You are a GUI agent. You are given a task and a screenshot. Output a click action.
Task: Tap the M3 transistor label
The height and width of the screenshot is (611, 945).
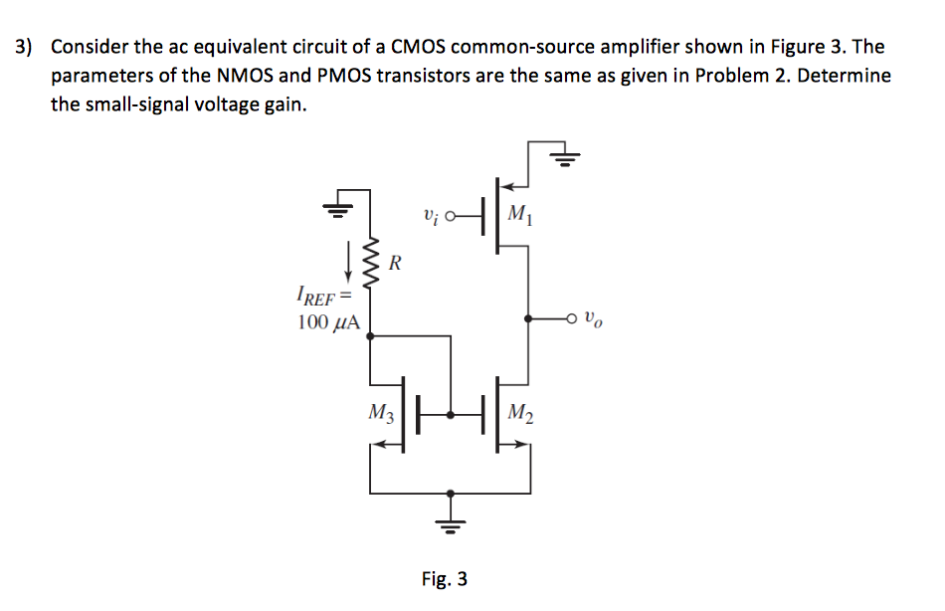381,411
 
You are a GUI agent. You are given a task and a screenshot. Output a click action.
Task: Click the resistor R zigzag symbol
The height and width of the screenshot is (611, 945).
370,265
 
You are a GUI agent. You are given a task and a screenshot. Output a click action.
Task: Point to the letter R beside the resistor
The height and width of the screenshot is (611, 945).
395,265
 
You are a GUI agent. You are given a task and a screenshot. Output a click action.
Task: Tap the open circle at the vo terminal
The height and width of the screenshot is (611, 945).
571,319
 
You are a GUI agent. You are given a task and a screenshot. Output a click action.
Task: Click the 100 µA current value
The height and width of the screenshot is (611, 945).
328,321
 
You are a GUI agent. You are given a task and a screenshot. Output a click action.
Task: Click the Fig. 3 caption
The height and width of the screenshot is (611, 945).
444,579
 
